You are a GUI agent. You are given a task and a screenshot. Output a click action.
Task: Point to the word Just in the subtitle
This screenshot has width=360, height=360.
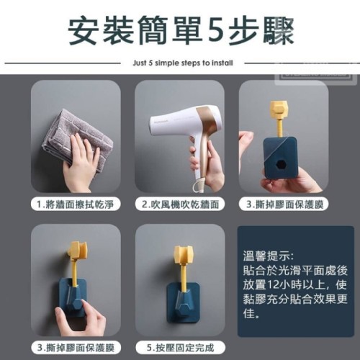[x=139, y=63]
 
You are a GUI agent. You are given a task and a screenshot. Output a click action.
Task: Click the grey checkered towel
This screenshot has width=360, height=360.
[x=78, y=138]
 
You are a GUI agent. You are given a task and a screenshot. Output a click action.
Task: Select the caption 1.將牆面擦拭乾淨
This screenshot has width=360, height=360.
[x=76, y=204]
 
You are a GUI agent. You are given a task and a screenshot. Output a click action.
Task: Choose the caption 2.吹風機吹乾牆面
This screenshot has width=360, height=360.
[x=180, y=204]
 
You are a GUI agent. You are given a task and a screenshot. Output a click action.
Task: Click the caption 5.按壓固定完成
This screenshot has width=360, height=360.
[x=180, y=348]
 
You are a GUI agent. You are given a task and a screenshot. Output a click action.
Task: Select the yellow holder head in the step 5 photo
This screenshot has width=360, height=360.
[x=183, y=254]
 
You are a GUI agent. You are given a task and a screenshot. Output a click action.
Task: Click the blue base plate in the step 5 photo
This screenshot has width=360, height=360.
[x=183, y=302]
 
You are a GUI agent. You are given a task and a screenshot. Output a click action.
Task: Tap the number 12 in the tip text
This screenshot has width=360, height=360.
[x=272, y=285]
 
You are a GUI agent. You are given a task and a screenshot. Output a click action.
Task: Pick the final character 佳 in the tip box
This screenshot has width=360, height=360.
[x=248, y=313]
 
